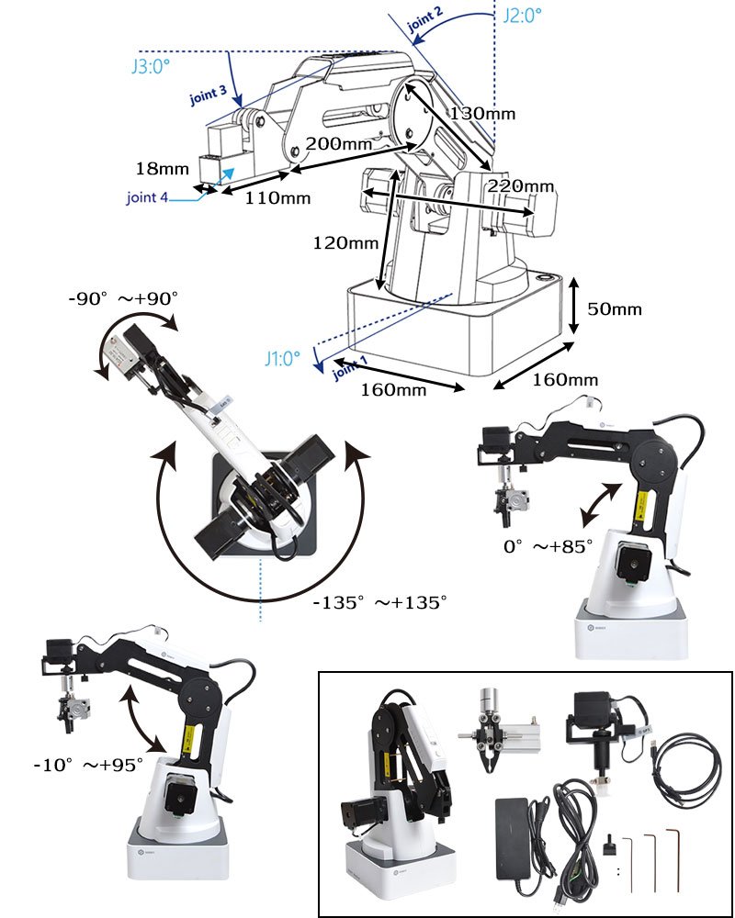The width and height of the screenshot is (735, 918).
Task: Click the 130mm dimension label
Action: pyautogui.click(x=483, y=114)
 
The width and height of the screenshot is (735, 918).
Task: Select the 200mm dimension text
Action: pyautogui.click(x=338, y=144)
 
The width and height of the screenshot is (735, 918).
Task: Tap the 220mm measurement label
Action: pyautogui.click(x=520, y=185)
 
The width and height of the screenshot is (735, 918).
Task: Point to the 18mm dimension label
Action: pyautogui.click(x=161, y=169)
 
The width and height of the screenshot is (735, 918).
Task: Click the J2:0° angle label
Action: pyautogui.click(x=523, y=15)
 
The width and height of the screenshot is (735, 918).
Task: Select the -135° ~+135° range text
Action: pyautogui.click(x=379, y=602)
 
